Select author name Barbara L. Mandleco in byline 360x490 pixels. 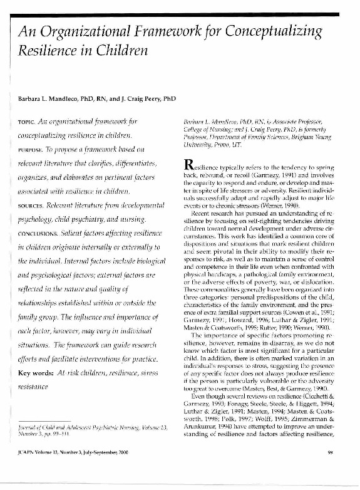(x=54, y=100)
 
